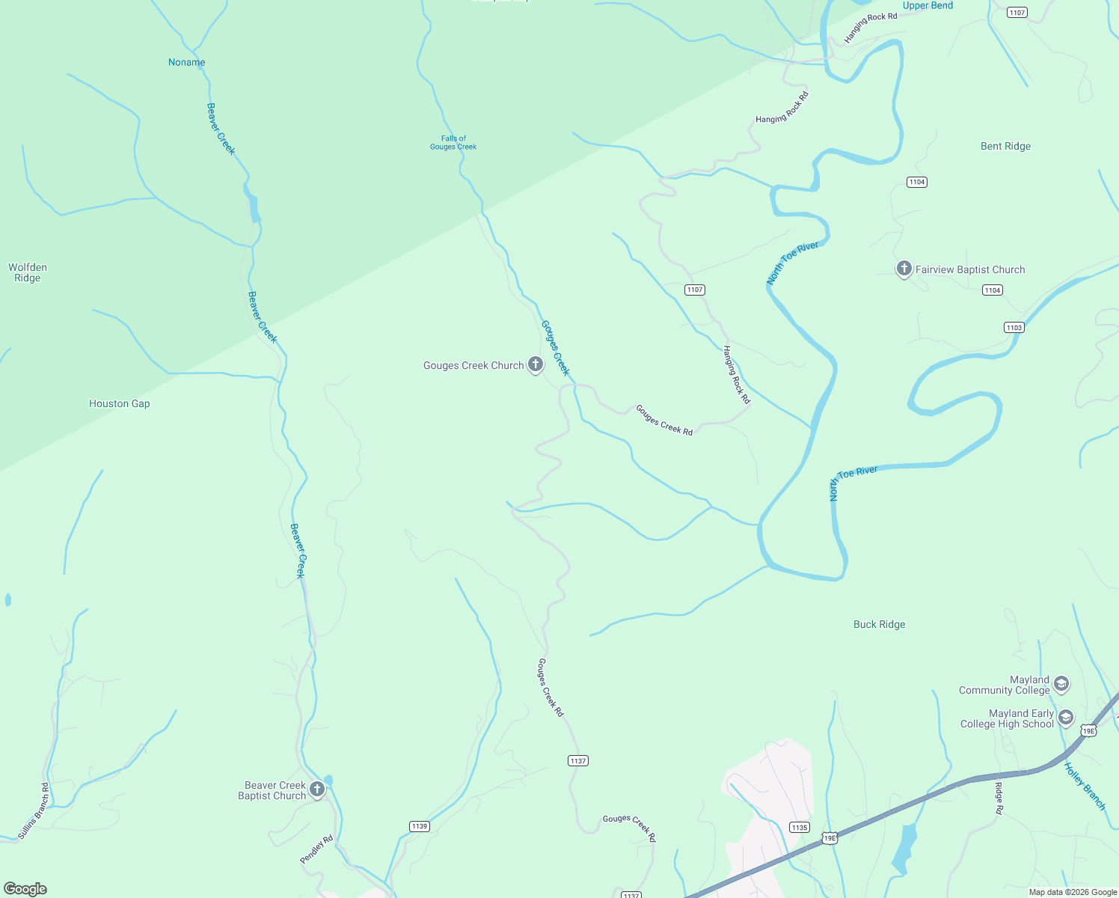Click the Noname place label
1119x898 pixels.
pyautogui.click(x=186, y=62)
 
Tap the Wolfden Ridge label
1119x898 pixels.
pyautogui.click(x=28, y=272)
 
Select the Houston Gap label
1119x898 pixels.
pyautogui.click(x=119, y=403)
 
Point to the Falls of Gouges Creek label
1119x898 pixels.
pyautogui.click(x=453, y=142)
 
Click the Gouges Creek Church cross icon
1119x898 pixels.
pyautogui.click(x=536, y=364)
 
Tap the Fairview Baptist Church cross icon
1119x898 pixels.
pyautogui.click(x=904, y=269)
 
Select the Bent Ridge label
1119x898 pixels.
pyautogui.click(x=1005, y=146)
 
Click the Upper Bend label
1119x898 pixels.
pyautogui.click(x=928, y=6)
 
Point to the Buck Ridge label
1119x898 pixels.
pyautogui.click(x=879, y=624)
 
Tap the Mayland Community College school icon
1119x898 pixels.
pyautogui.click(x=1061, y=684)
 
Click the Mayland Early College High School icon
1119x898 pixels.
pyautogui.click(x=1066, y=718)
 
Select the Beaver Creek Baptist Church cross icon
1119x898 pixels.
pyautogui.click(x=317, y=789)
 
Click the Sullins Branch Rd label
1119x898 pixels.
pyautogui.click(x=34, y=810)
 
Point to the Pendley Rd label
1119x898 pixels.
pyautogui.click(x=316, y=849)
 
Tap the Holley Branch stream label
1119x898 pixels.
pyautogui.click(x=1085, y=786)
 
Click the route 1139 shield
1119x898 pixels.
pyautogui.click(x=419, y=826)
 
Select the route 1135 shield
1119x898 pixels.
pyautogui.click(x=800, y=827)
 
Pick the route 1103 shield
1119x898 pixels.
pyautogui.click(x=1014, y=327)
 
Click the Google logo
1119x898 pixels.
pyautogui.click(x=25, y=889)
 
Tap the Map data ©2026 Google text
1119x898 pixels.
pyautogui.click(x=1073, y=892)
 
